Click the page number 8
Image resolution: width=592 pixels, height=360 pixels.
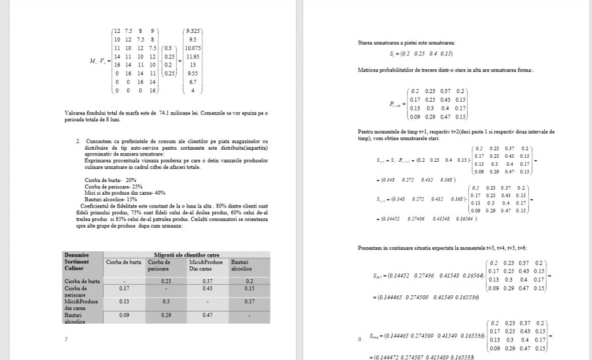[x=360, y=339]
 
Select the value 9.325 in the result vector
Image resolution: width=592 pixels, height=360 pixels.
[x=192, y=30]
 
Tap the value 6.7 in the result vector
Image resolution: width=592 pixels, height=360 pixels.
[x=193, y=82]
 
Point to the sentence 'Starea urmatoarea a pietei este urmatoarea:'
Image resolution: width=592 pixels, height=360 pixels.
[x=406, y=43]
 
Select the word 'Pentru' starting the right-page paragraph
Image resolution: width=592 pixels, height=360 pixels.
[x=366, y=132]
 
